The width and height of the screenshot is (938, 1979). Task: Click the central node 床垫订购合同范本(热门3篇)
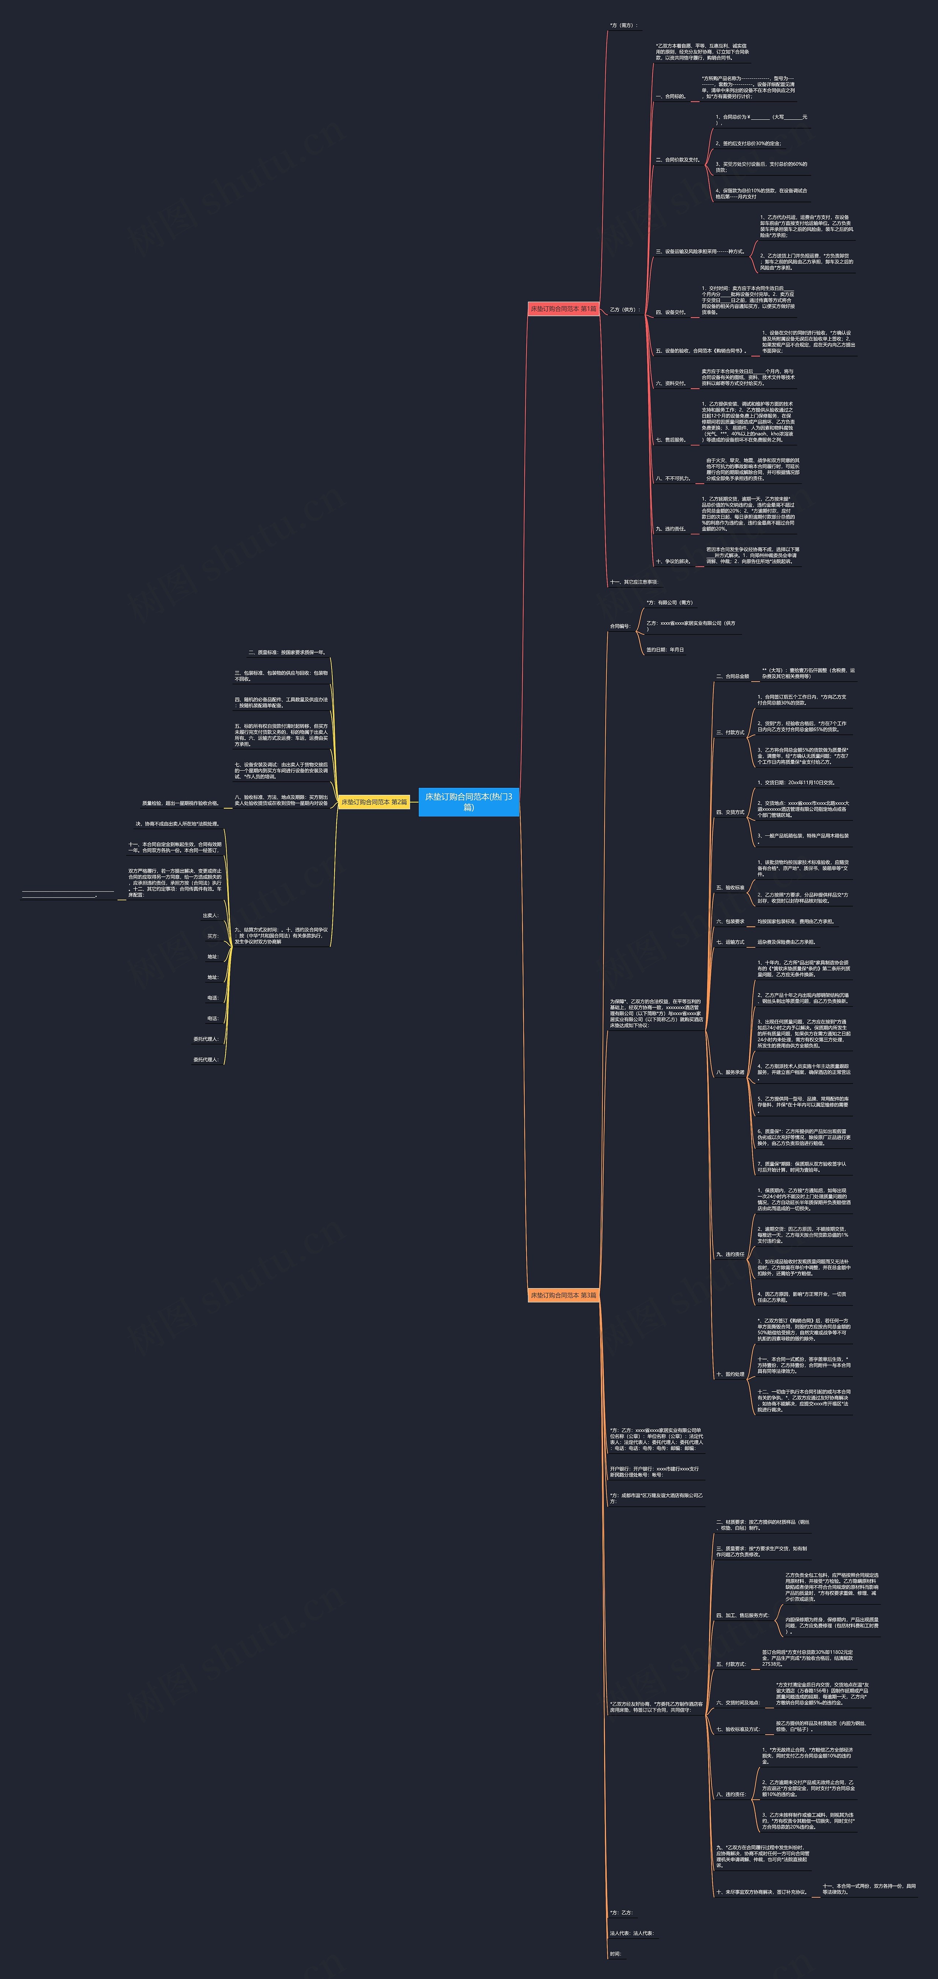tap(469, 801)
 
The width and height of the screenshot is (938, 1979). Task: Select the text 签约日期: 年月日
tap(665, 650)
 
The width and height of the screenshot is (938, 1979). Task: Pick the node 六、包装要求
tap(730, 921)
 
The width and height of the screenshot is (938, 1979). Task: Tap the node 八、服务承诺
tap(730, 1072)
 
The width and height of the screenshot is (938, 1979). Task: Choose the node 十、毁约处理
tap(730, 1374)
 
